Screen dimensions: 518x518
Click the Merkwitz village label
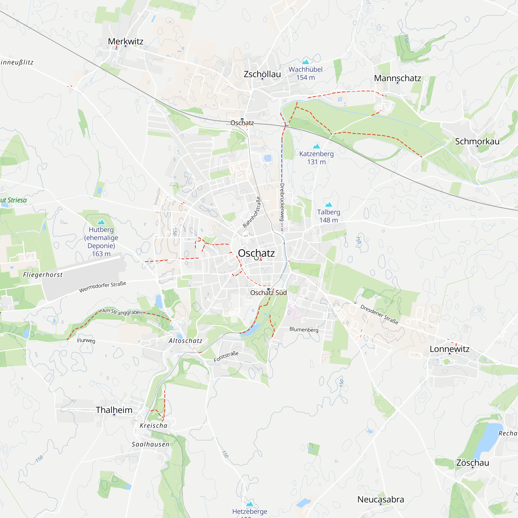coord(125,41)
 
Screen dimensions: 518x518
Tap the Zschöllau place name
coord(262,74)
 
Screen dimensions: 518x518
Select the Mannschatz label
coord(397,78)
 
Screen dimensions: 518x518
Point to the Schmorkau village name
coord(477,142)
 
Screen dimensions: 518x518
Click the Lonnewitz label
coord(449,349)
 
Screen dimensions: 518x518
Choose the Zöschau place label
coord(473,463)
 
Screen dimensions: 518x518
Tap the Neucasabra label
coord(380,500)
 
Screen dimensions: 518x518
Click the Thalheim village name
coord(114,410)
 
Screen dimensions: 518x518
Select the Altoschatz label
coord(185,341)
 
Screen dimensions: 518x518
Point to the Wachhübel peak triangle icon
coord(305,62)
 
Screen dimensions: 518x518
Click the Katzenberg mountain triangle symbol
coord(316,146)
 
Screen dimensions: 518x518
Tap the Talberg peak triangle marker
coord(328,205)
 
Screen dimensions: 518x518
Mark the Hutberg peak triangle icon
coord(101,222)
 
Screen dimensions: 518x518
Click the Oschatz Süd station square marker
coord(268,289)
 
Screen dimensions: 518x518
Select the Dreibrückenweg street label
coord(282,202)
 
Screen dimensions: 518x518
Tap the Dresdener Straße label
coord(379,314)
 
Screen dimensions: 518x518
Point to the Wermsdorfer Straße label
coord(102,287)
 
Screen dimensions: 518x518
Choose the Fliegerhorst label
coord(43,275)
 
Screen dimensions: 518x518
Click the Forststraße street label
coord(226,357)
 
